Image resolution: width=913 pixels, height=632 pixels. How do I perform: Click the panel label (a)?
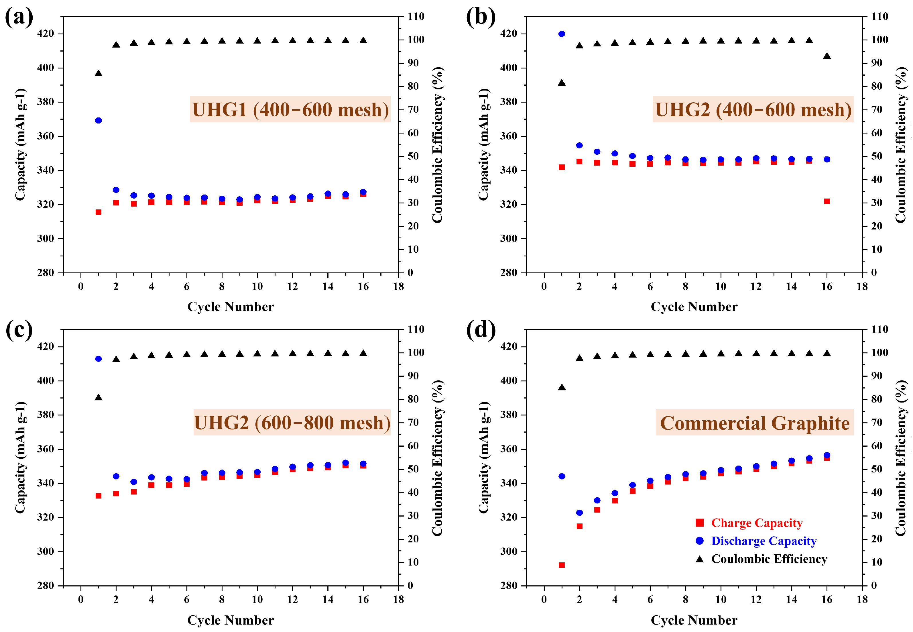(19, 18)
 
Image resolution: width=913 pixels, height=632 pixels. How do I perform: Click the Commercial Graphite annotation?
(754, 423)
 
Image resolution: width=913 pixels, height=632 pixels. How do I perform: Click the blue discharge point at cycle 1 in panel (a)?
(99, 120)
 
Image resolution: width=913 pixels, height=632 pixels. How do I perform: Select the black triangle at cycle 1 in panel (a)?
(99, 73)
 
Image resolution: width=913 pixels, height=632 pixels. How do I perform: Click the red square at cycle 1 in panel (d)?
(562, 565)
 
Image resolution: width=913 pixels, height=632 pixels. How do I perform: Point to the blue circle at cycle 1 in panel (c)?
(99, 359)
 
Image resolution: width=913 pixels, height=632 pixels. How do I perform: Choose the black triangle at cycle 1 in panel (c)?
(99, 397)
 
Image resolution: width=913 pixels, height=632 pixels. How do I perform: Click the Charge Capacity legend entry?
(756, 523)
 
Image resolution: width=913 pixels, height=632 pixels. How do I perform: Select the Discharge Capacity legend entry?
(764, 541)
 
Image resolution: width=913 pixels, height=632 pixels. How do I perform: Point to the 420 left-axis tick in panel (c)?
(45, 346)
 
